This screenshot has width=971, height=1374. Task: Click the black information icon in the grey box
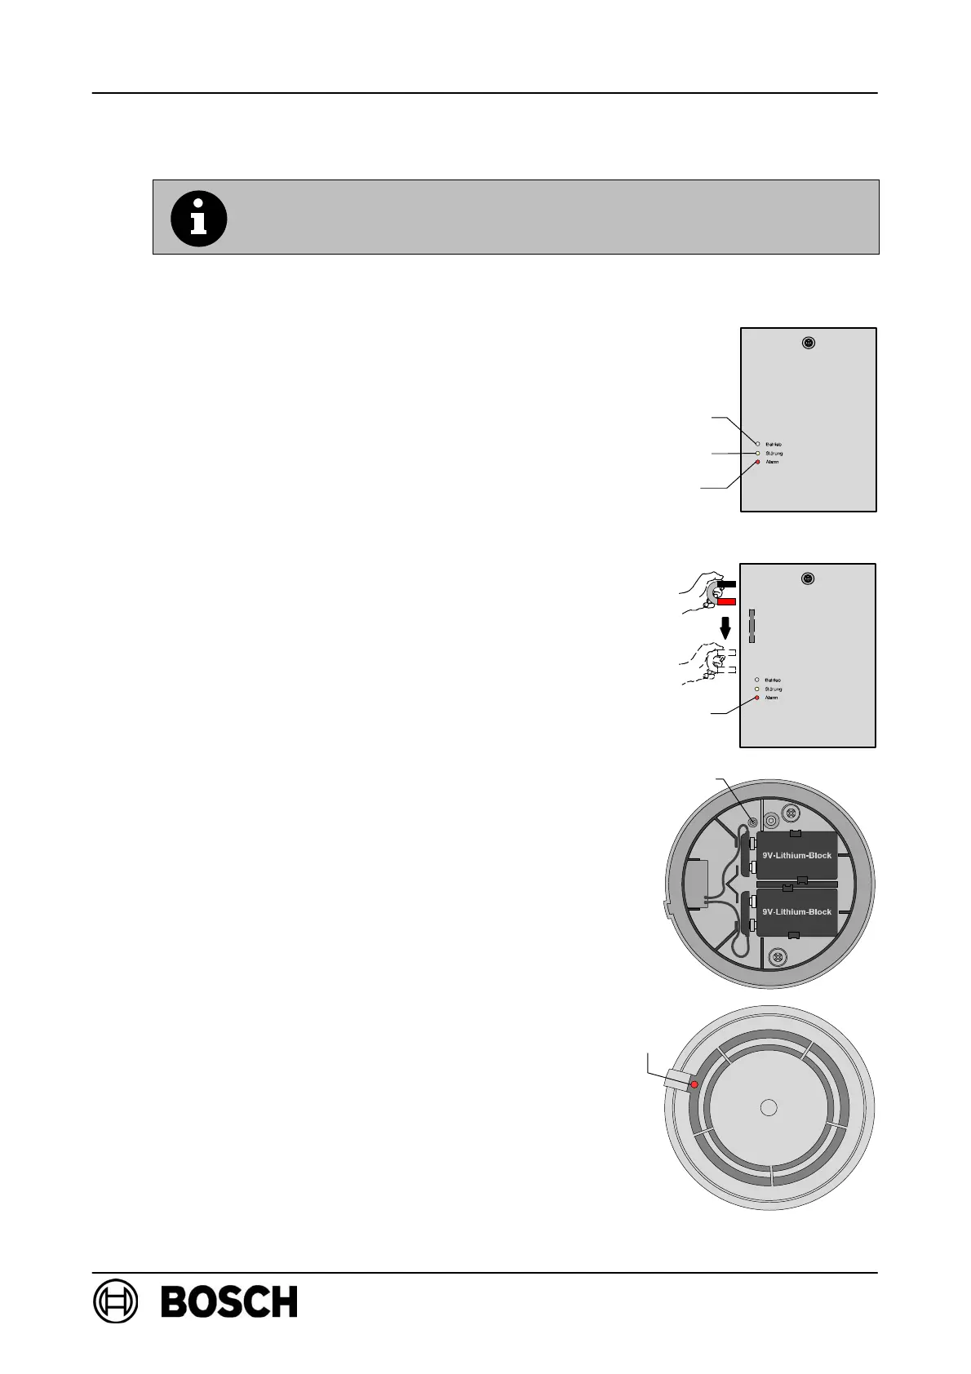click(198, 218)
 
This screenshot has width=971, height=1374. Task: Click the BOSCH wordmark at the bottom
click(229, 1301)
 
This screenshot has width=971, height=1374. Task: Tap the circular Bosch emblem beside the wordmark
click(116, 1301)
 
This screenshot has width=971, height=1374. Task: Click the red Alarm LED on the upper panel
click(757, 463)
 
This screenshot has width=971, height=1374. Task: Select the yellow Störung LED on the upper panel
click(757, 453)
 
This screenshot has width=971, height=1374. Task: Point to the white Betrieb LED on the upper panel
click(757, 444)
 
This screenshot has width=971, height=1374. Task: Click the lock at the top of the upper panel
click(808, 343)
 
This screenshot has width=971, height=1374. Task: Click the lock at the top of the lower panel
click(807, 578)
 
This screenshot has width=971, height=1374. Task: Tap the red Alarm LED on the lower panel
click(756, 698)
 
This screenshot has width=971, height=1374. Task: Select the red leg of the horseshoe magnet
click(726, 601)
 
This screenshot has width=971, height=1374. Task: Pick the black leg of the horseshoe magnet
click(726, 584)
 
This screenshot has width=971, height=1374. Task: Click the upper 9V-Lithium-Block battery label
click(796, 855)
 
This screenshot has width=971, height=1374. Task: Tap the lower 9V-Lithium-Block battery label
click(796, 911)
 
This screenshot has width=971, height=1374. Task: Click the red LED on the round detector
click(694, 1084)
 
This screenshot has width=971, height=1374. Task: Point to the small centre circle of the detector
click(768, 1107)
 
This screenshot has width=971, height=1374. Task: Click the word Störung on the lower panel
click(774, 689)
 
